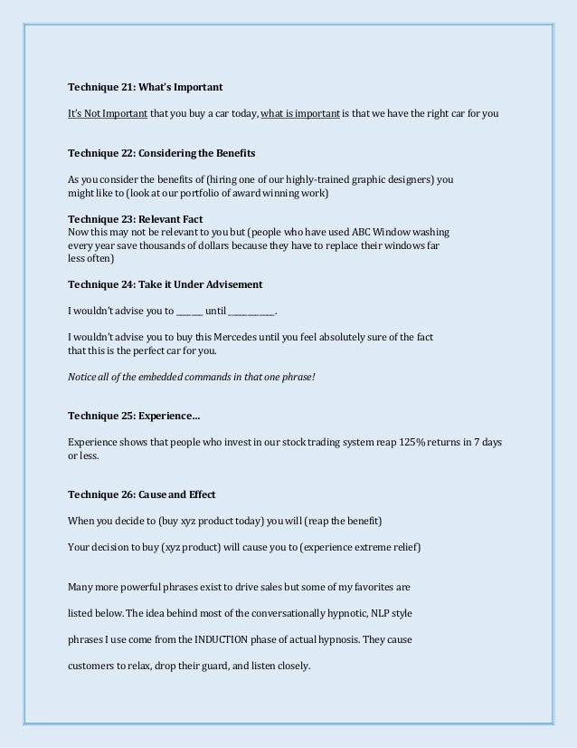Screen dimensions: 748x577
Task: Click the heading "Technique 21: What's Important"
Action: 146,88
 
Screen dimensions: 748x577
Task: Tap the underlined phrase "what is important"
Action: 300,113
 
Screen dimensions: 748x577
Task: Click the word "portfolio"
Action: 194,195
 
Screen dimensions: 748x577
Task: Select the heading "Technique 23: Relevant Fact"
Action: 136,219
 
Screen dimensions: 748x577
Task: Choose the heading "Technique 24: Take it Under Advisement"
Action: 166,284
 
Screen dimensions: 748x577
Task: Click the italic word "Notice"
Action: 83,376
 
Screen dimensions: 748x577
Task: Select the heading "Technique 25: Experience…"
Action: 135,416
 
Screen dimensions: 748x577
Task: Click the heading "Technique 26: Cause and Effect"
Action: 142,494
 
